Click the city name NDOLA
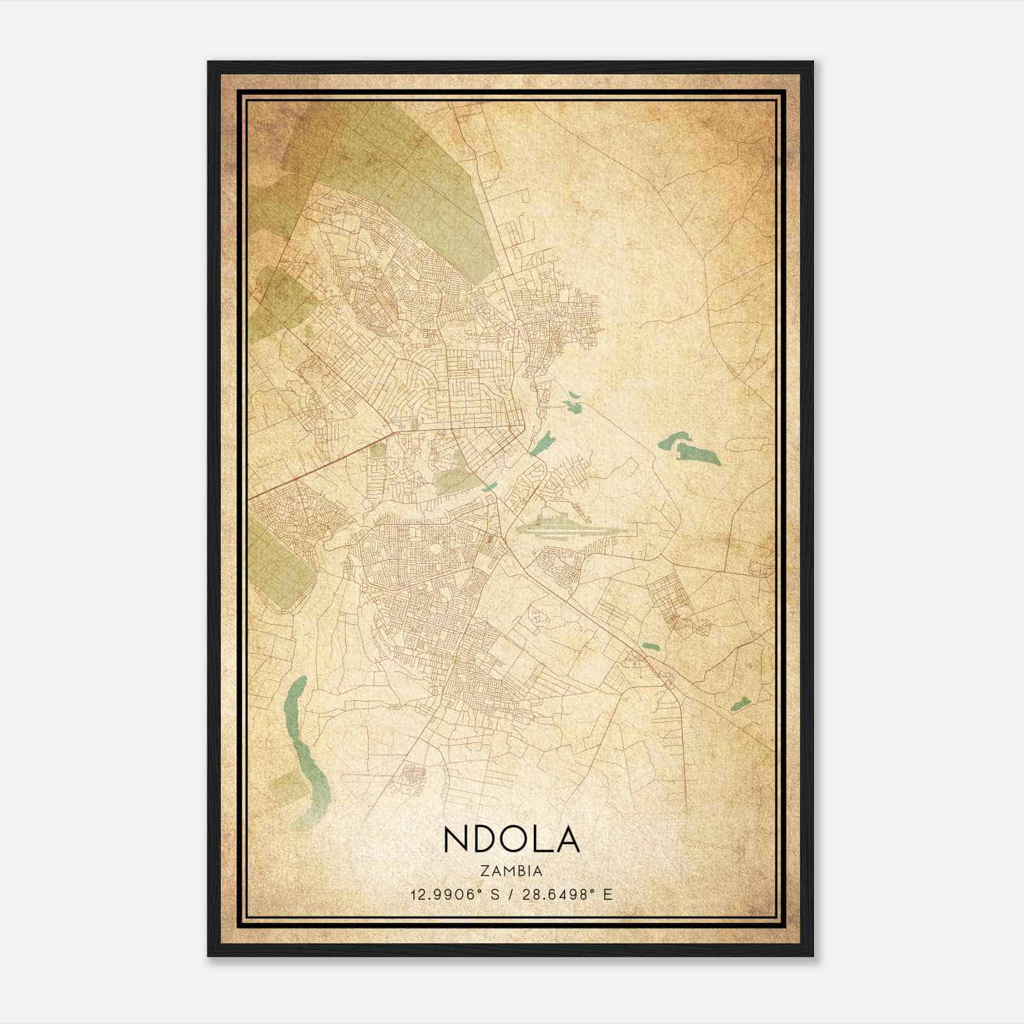coord(511,840)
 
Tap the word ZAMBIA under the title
coord(511,871)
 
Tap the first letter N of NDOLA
coord(454,840)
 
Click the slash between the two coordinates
coord(510,894)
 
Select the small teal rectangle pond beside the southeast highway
coord(650,646)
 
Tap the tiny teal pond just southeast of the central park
coord(490,487)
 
